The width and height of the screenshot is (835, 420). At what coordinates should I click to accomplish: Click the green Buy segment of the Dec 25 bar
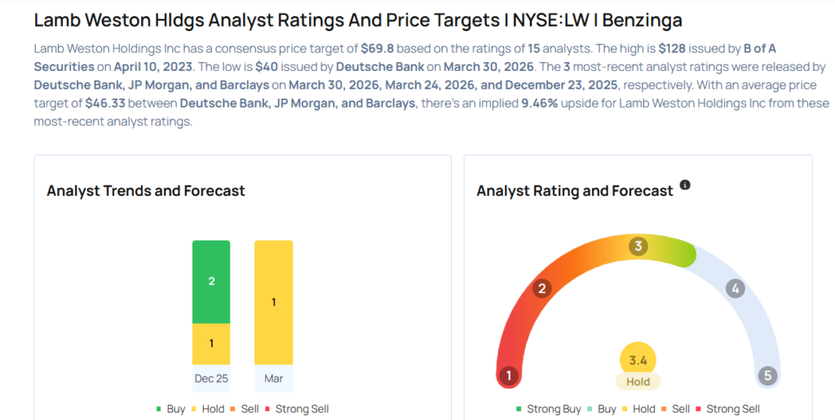click(211, 281)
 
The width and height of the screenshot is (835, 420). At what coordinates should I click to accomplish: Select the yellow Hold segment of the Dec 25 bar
click(211, 343)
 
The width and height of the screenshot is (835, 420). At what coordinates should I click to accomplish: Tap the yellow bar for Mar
click(273, 303)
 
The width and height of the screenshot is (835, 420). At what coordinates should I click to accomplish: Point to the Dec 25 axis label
click(211, 378)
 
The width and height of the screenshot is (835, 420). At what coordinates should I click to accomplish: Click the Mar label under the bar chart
click(273, 378)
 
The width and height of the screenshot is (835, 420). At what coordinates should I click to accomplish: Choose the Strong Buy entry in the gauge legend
click(548, 409)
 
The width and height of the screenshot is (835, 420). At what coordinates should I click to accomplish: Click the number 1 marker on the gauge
click(509, 376)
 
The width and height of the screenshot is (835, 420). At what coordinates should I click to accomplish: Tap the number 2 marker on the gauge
click(541, 288)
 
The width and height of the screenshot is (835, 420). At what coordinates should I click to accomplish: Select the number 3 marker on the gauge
click(638, 245)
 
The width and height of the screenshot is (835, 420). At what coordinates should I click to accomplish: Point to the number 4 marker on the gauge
click(736, 288)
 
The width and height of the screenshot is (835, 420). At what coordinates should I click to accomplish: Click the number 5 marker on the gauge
click(767, 376)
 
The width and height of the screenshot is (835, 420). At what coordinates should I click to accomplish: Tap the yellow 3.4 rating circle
click(638, 360)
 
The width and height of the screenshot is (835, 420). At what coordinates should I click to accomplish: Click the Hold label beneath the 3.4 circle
click(638, 382)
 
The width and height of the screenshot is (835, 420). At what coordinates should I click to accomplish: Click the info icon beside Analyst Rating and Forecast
click(685, 186)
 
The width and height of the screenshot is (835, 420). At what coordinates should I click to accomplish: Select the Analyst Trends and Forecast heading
click(146, 191)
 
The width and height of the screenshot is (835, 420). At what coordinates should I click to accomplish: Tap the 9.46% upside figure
click(540, 104)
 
